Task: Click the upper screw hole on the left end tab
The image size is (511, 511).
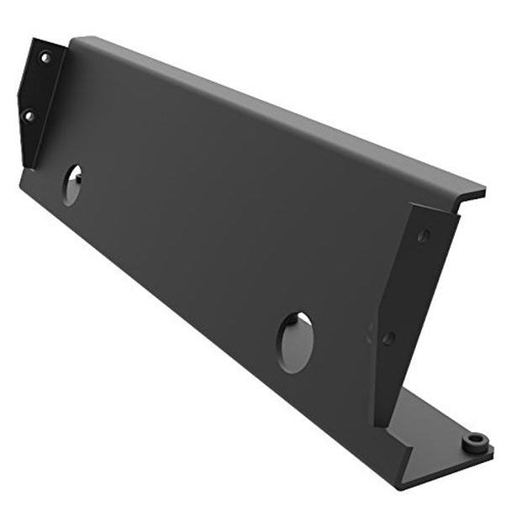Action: tap(45, 58)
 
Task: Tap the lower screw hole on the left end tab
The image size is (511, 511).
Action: tap(29, 115)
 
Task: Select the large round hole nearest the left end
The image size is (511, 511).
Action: tap(72, 184)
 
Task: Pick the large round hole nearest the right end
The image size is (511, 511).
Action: tap(295, 342)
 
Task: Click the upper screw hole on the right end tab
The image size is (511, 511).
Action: tap(424, 236)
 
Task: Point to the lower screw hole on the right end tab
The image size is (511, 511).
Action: tap(388, 339)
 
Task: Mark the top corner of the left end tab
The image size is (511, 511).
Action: tap(34, 39)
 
